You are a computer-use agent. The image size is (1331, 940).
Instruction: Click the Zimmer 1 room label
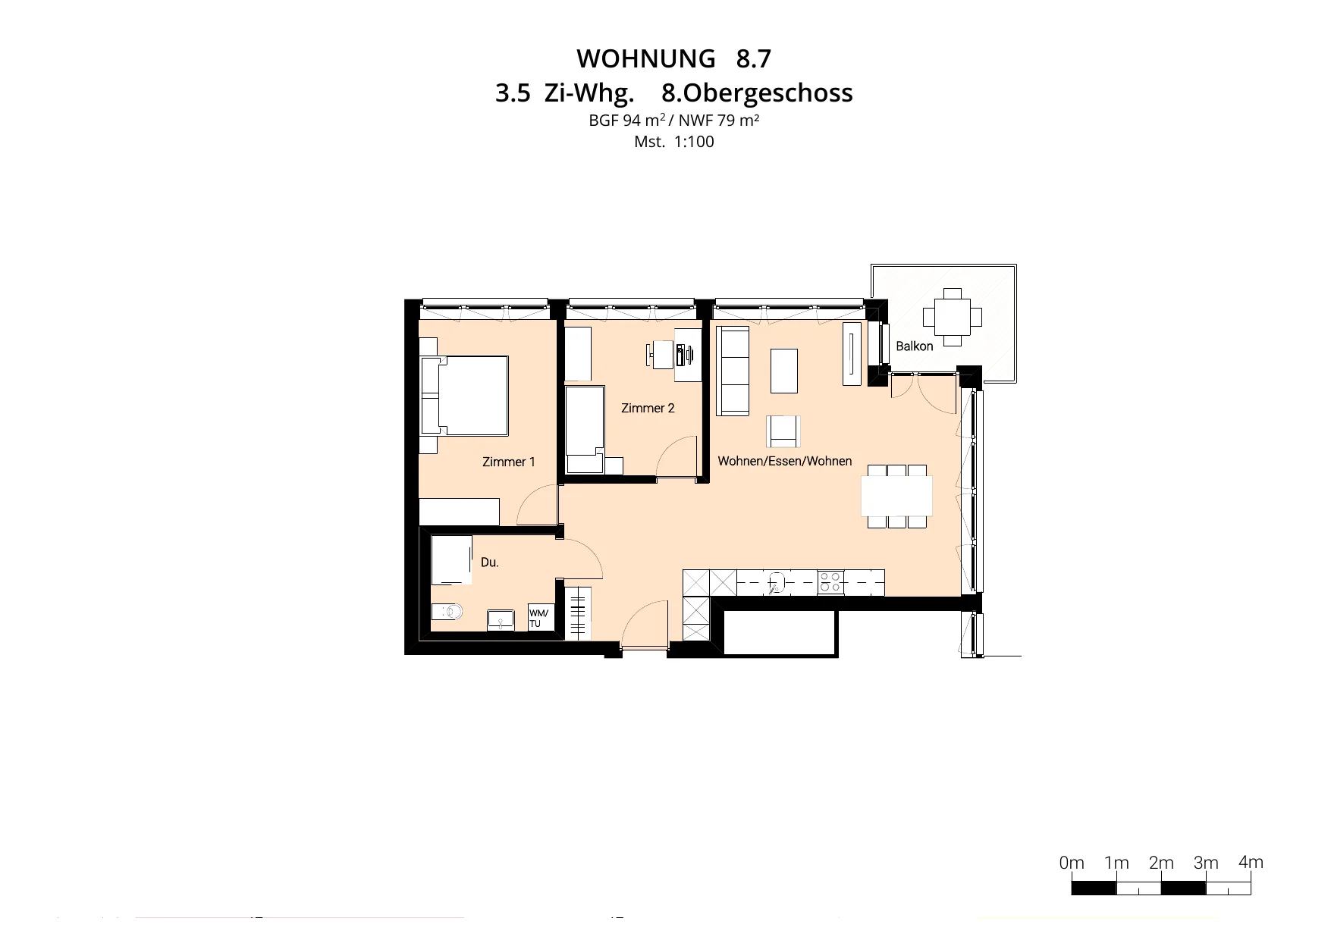pyautogui.click(x=509, y=462)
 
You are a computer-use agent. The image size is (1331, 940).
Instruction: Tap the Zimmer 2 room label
pyautogui.click(x=648, y=408)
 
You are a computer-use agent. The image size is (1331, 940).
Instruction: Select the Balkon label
pyautogui.click(x=915, y=346)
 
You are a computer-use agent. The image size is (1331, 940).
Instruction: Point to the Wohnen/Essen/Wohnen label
pyautogui.click(x=785, y=461)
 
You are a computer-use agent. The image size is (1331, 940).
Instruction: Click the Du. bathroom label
pyautogui.click(x=490, y=562)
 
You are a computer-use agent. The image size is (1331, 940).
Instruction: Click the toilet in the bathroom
pyautogui.click(x=447, y=612)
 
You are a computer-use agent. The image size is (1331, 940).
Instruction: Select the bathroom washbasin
pyautogui.click(x=501, y=619)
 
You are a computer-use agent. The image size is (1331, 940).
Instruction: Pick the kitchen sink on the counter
pyautogui.click(x=776, y=582)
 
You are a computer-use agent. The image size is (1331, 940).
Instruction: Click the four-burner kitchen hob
pyautogui.click(x=830, y=582)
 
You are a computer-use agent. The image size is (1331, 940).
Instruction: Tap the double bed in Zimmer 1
pyautogui.click(x=465, y=396)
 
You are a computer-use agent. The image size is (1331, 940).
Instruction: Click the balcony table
pyautogui.click(x=952, y=317)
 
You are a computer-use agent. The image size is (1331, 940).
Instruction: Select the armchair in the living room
pyautogui.click(x=783, y=431)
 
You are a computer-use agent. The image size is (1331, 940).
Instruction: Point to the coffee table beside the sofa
pyautogui.click(x=784, y=371)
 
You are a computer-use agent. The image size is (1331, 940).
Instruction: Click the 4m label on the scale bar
pyautogui.click(x=1251, y=862)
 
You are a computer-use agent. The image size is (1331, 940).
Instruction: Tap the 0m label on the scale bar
pyautogui.click(x=1072, y=863)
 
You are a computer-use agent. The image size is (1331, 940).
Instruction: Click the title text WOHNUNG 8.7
pyautogui.click(x=674, y=58)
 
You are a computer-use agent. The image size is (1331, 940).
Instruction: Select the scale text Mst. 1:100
pyautogui.click(x=674, y=142)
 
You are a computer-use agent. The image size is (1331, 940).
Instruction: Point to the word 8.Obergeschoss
pyautogui.click(x=758, y=93)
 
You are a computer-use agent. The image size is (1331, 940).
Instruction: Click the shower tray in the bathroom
pyautogui.click(x=451, y=560)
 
